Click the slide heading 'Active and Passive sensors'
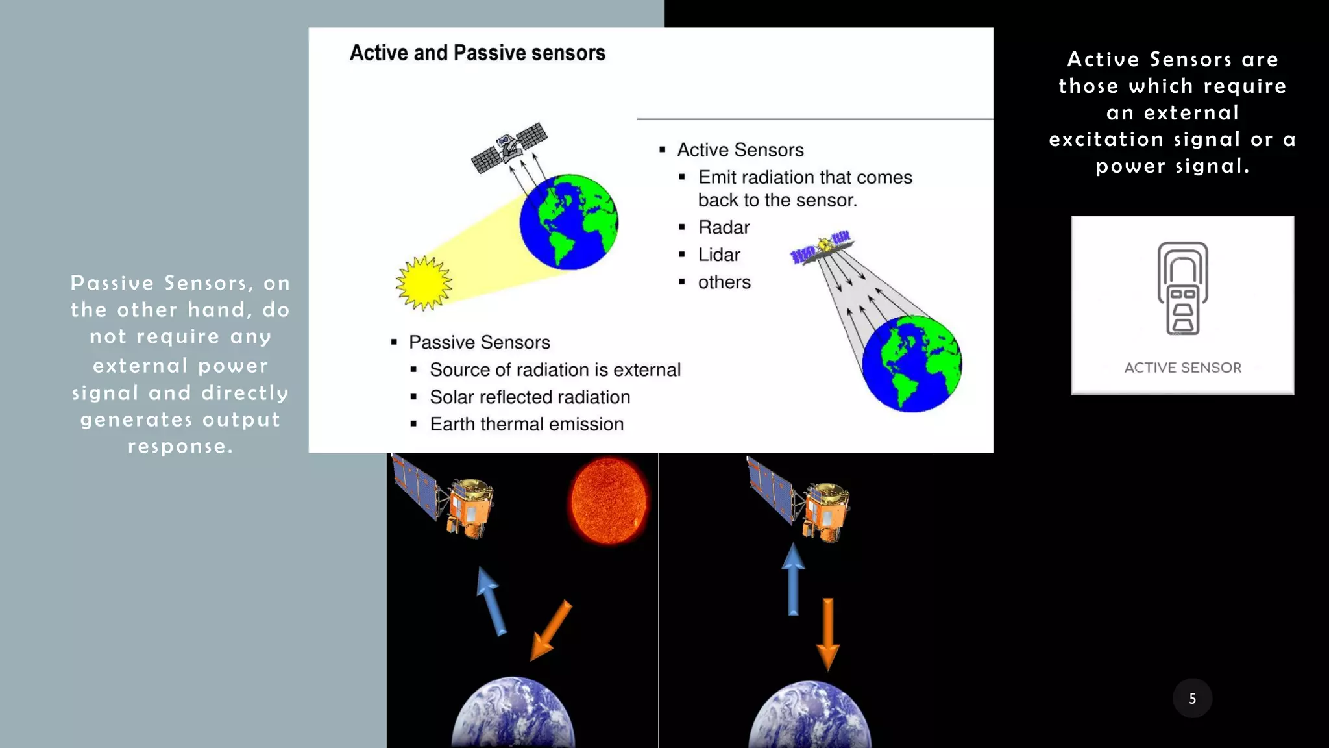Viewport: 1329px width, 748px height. (x=477, y=53)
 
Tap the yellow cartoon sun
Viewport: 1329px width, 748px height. (x=424, y=283)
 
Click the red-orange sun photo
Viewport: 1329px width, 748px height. (x=608, y=501)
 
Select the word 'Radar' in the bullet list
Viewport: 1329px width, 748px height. (x=724, y=227)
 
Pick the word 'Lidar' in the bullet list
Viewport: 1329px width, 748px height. (x=719, y=255)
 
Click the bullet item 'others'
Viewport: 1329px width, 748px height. (x=724, y=282)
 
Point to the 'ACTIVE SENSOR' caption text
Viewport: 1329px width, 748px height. (x=1182, y=368)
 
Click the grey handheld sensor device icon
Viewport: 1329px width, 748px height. (x=1182, y=288)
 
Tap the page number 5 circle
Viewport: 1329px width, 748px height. (x=1192, y=698)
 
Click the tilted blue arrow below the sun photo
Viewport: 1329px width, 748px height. (x=491, y=601)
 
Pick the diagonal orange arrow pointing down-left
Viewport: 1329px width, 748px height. (x=550, y=630)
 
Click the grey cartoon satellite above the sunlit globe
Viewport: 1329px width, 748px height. (x=509, y=147)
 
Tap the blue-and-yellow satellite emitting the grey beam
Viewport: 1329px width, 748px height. (x=822, y=247)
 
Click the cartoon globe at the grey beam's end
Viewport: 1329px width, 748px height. (x=912, y=364)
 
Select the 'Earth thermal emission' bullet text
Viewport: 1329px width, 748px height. (x=526, y=424)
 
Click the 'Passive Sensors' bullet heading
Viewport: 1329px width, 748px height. (x=479, y=342)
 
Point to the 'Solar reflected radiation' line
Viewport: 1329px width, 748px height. (x=530, y=397)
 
